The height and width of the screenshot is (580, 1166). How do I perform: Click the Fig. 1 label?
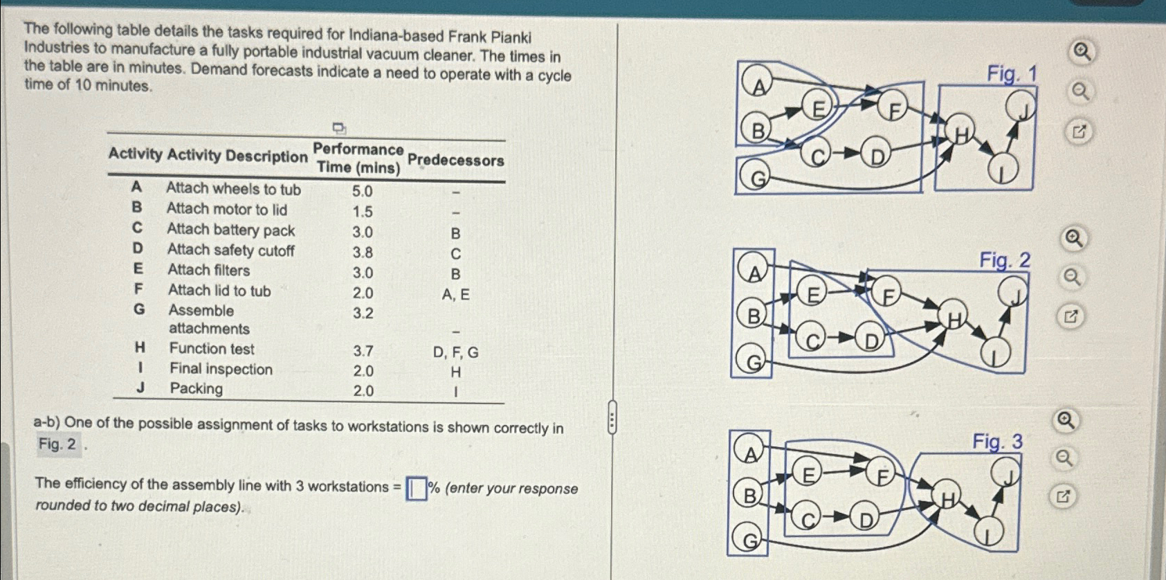(x=1012, y=73)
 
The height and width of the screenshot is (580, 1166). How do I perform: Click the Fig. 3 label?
(x=997, y=442)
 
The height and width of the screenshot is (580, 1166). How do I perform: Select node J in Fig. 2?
(x=1013, y=293)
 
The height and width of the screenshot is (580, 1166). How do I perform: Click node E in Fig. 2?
(x=812, y=294)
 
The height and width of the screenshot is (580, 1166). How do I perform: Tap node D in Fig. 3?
(x=866, y=518)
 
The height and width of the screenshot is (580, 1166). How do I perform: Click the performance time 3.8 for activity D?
(x=363, y=253)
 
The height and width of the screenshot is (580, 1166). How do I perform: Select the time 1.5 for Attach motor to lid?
(x=363, y=212)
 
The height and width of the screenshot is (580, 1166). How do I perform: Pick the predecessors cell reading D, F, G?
(x=455, y=352)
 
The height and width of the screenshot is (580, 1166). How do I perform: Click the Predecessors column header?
(x=455, y=161)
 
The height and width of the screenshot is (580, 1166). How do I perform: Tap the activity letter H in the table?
(x=140, y=347)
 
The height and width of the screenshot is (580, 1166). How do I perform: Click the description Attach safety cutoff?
(x=230, y=250)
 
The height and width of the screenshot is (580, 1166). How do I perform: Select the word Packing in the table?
(x=197, y=388)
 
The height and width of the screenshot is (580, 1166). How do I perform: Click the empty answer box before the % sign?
(x=416, y=489)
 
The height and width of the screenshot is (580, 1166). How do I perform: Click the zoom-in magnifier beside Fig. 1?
(x=1082, y=52)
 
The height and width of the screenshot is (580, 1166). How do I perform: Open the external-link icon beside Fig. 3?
(x=1064, y=496)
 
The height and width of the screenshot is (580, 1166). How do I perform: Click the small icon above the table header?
(x=338, y=127)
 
